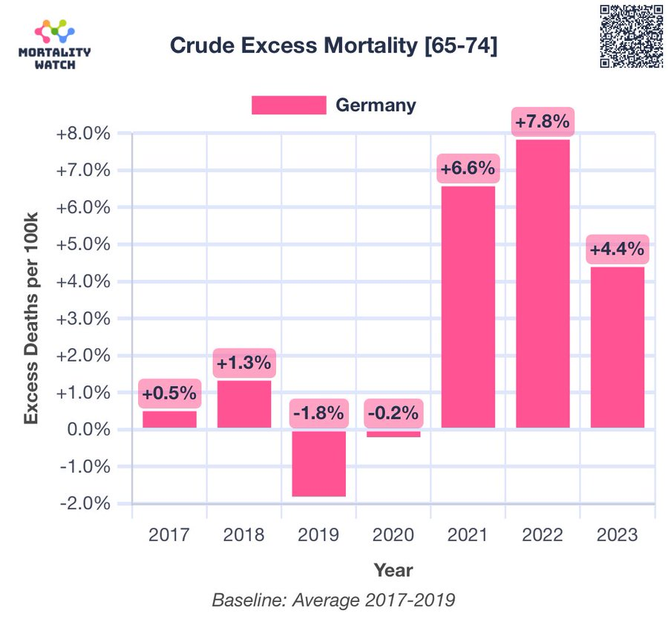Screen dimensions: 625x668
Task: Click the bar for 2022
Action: (x=543, y=284)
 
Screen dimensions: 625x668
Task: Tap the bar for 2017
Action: (x=169, y=419)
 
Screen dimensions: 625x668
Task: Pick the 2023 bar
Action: (x=617, y=347)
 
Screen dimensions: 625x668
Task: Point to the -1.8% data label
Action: (x=318, y=413)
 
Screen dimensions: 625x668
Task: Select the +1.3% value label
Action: (x=243, y=364)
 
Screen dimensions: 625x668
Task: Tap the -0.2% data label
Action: (x=393, y=413)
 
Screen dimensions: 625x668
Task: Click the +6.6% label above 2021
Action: (x=468, y=168)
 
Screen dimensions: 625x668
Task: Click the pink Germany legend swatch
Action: (x=288, y=105)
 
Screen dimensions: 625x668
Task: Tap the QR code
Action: (x=631, y=36)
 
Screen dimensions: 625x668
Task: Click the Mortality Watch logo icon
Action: (x=55, y=32)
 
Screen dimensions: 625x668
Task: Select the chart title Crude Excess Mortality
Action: (x=333, y=45)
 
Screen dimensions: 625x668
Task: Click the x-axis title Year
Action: (x=393, y=570)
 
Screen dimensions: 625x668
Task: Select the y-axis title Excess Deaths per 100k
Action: (x=30, y=318)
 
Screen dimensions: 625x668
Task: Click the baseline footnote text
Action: (x=333, y=600)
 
